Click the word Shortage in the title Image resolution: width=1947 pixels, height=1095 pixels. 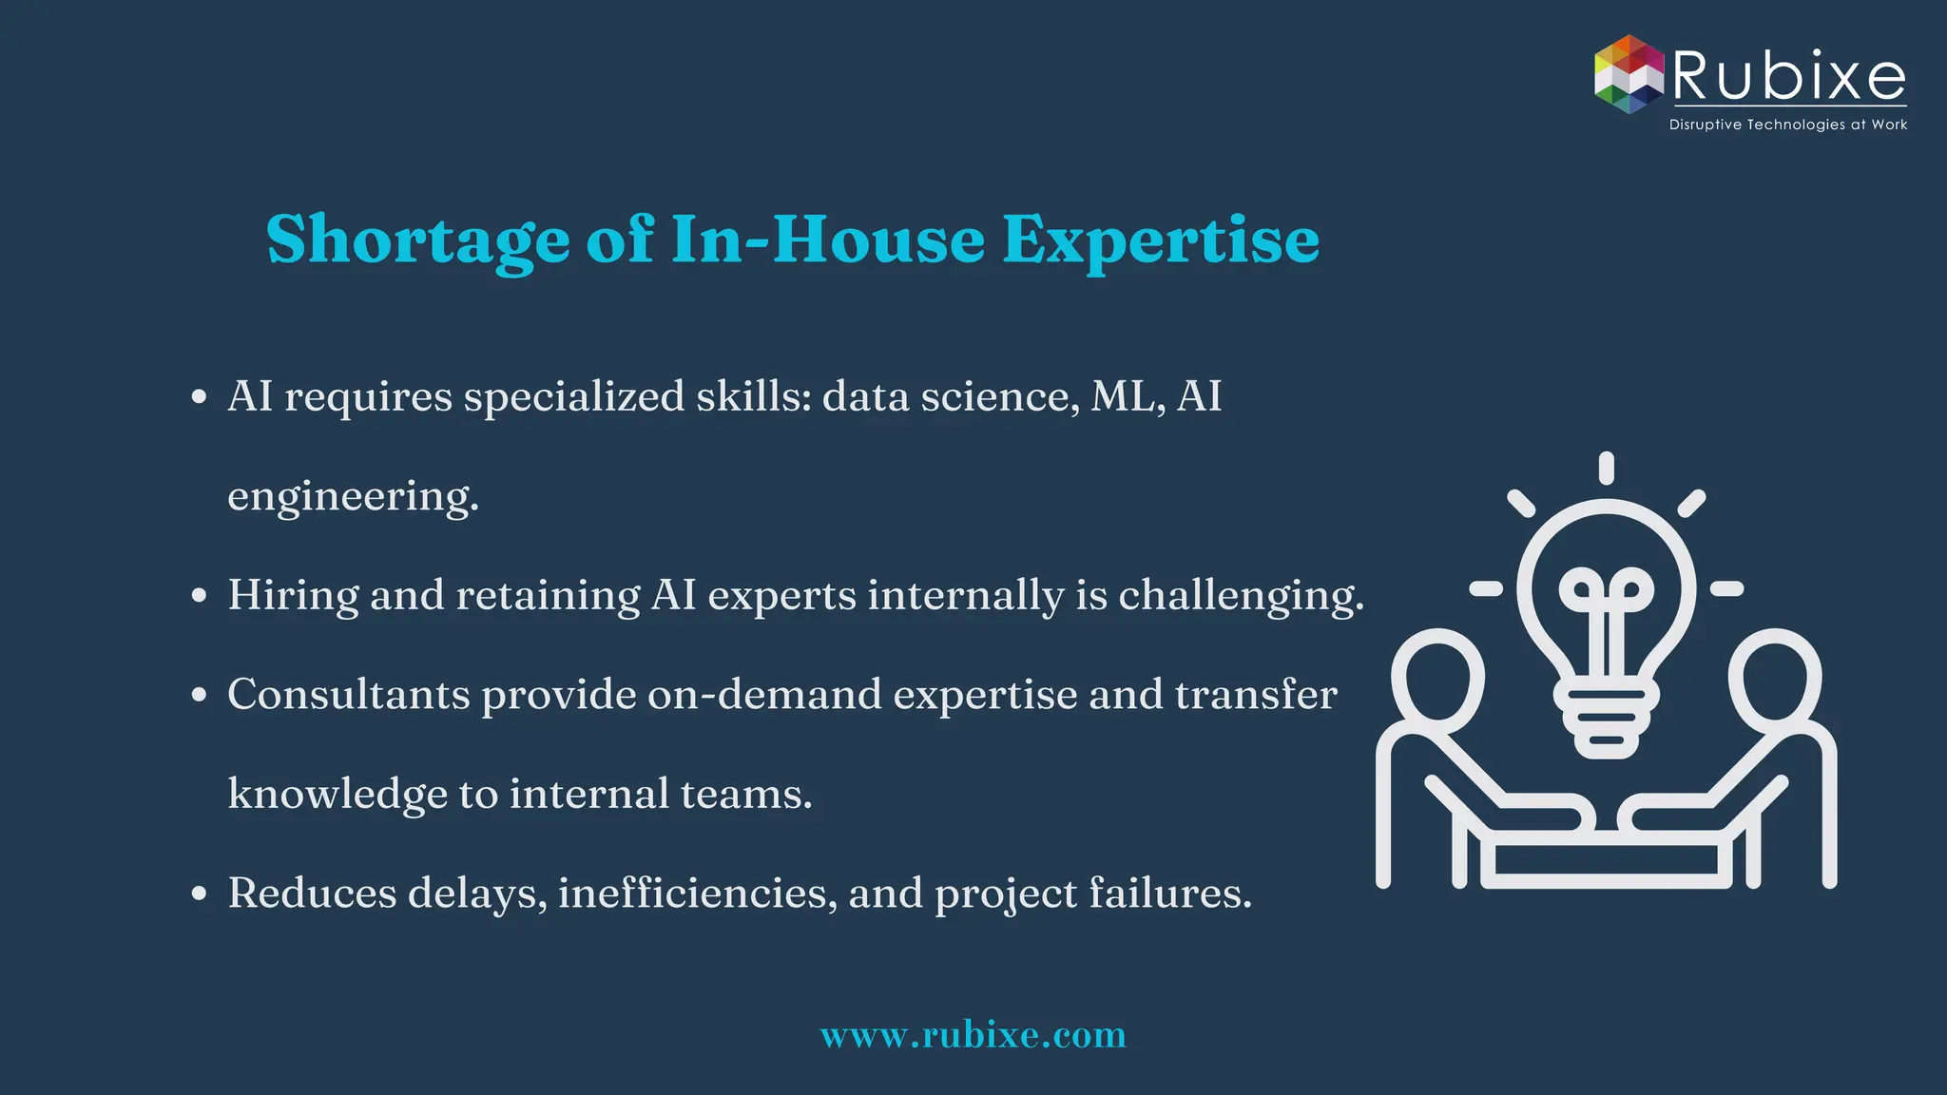[417, 240]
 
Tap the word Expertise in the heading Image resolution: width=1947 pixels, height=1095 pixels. [1161, 240]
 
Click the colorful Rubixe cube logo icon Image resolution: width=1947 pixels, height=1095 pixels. [1629, 74]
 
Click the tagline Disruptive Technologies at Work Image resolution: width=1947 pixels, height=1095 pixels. [1787, 125]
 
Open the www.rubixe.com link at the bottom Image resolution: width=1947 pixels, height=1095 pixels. [973, 1034]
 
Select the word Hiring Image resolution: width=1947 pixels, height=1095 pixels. [293, 596]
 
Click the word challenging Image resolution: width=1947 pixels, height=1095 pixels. [1240, 596]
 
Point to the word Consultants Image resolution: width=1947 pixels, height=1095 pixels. [348, 695]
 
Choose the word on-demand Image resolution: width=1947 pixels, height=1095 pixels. [764, 695]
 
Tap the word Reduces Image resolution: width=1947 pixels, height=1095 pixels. [312, 893]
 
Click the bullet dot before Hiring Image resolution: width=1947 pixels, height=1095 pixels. [199, 596]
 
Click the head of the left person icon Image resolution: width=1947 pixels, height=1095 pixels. [1436, 678]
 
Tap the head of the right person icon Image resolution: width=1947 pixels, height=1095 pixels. [1775, 678]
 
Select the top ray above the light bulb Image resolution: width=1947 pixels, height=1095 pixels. [1606, 468]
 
